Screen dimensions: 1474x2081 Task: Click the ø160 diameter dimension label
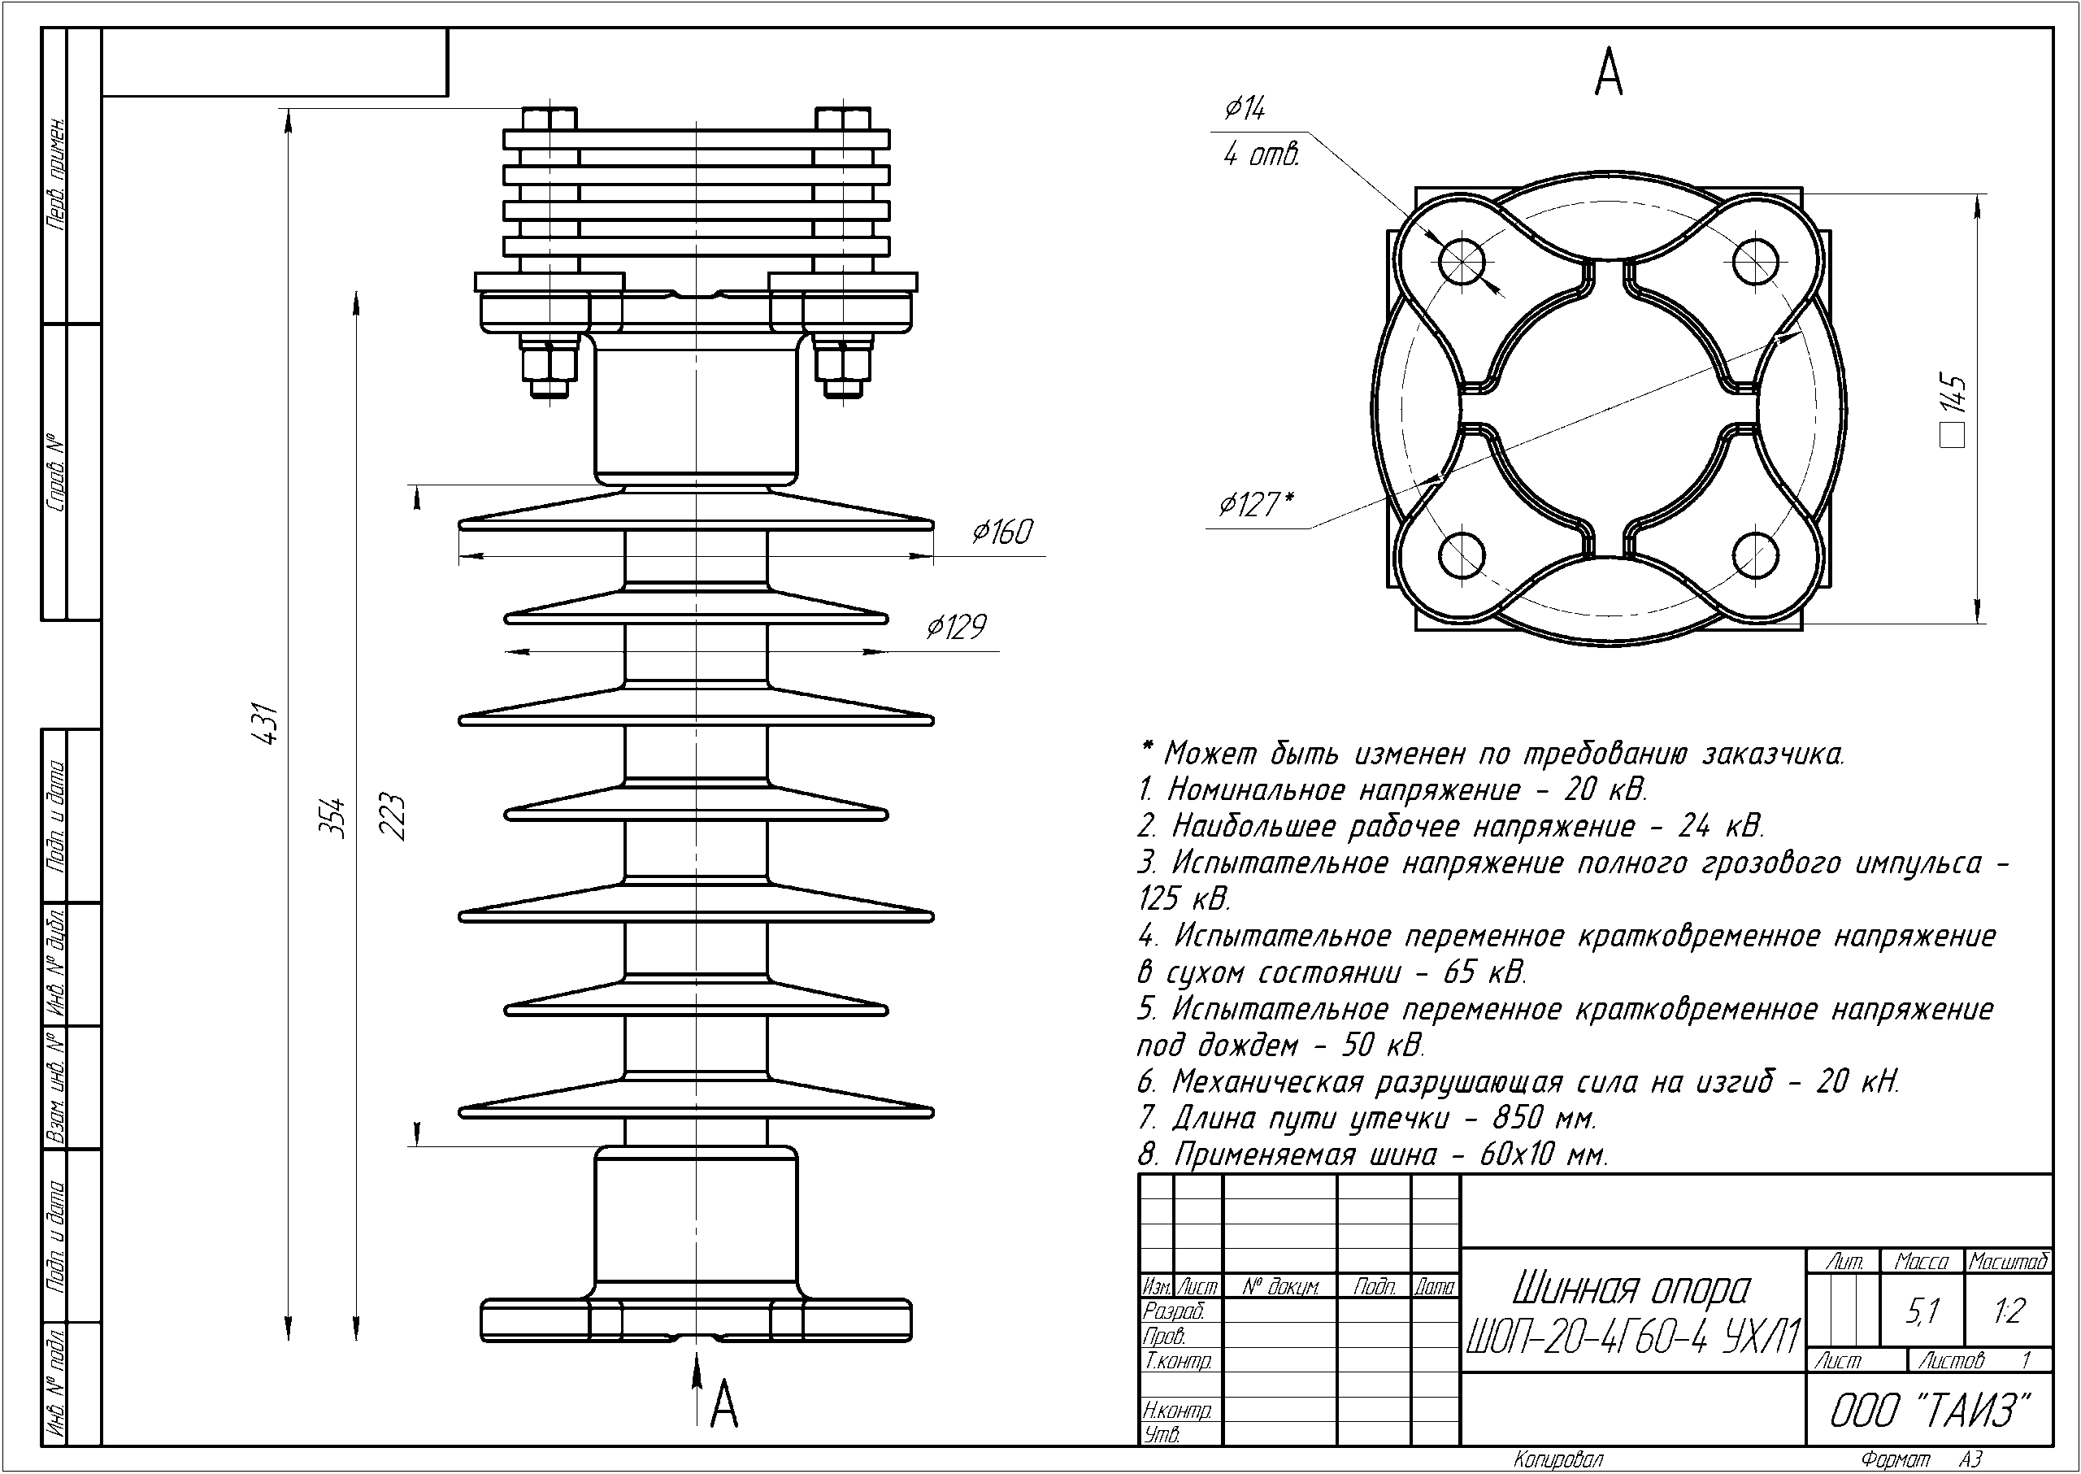[x=1002, y=532]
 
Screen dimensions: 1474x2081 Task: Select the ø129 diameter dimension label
[x=956, y=627]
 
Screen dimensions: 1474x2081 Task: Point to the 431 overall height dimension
[x=264, y=724]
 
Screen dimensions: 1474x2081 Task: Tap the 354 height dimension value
[x=335, y=818]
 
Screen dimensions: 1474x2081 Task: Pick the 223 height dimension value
[x=392, y=818]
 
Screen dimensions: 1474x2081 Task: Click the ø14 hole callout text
[x=1245, y=110]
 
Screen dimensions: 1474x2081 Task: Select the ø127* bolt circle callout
[x=1256, y=505]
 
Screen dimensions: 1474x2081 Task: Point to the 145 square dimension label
[x=1952, y=408]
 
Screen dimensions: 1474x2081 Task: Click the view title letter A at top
[x=1608, y=73]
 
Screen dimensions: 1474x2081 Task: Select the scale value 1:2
[x=2009, y=1311]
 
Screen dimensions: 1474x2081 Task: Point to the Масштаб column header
[x=2009, y=1262]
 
